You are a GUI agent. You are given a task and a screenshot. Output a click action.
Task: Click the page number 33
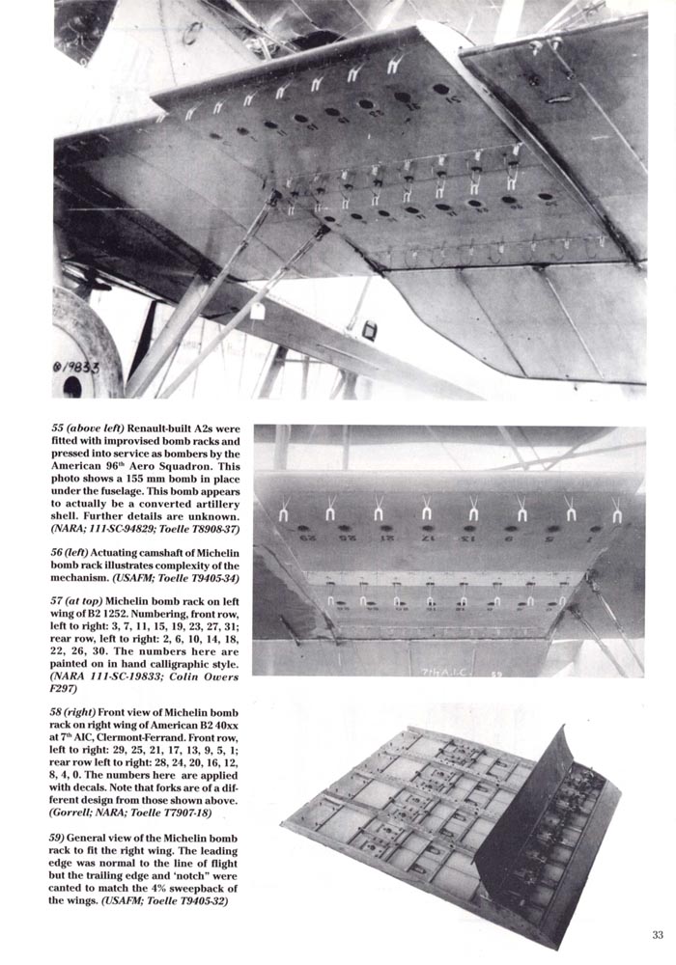coord(657,934)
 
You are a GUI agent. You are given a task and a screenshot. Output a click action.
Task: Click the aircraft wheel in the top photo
coord(81,347)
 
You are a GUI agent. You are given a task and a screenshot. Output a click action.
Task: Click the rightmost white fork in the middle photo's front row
coord(616,512)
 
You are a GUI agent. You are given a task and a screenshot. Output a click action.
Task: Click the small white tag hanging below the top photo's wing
coord(257,311)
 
